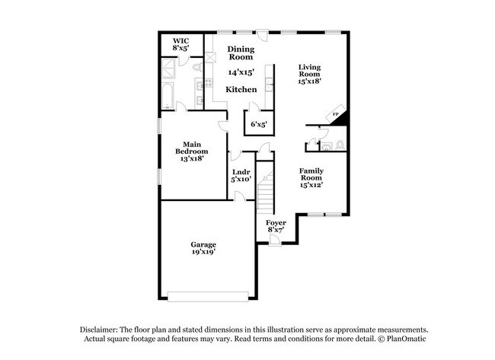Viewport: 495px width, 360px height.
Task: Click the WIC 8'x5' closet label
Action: click(x=180, y=43)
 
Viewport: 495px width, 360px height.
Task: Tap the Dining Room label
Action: click(x=241, y=53)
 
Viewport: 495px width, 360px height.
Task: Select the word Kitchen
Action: click(x=241, y=89)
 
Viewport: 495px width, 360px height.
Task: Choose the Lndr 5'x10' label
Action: click(x=241, y=176)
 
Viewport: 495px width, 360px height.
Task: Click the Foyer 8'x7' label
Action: click(x=276, y=227)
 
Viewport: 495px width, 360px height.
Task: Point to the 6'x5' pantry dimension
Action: click(x=258, y=123)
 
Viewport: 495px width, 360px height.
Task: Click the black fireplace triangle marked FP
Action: click(x=339, y=116)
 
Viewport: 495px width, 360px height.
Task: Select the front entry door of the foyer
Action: click(x=276, y=241)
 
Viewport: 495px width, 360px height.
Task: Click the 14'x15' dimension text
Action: click(x=241, y=72)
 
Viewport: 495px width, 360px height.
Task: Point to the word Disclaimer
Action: click(x=101, y=328)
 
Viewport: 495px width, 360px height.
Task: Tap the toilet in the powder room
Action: click(x=340, y=145)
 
